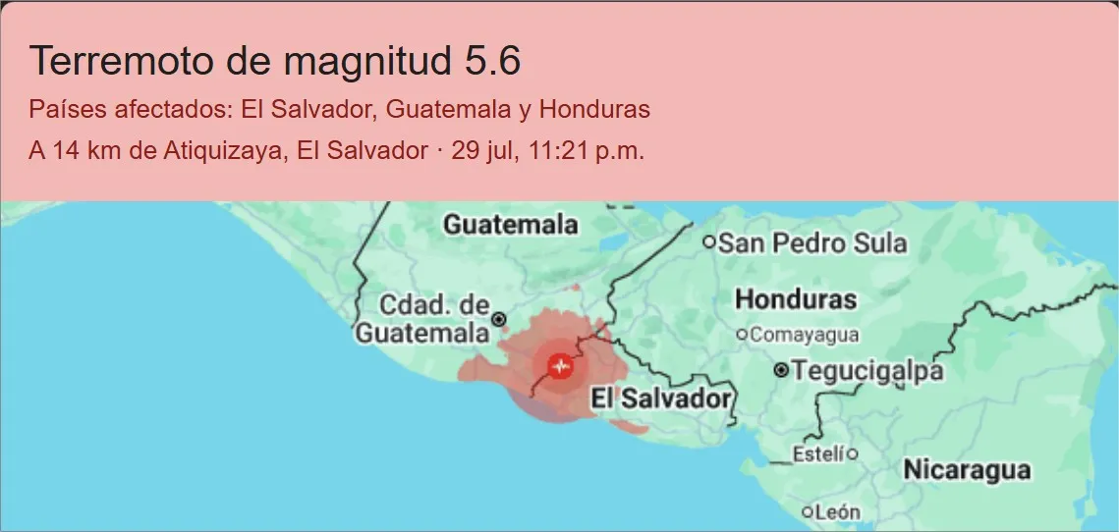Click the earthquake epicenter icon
click(x=561, y=367)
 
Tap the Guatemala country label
click(x=510, y=225)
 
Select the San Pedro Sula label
click(x=813, y=242)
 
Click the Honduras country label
click(x=796, y=298)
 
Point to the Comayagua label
click(x=805, y=335)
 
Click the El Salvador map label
click(x=660, y=399)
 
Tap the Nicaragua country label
click(x=967, y=469)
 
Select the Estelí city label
click(x=818, y=453)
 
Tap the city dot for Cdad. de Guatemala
click(x=499, y=319)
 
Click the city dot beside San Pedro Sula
click(x=709, y=241)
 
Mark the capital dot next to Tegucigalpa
click(x=781, y=371)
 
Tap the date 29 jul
click(x=478, y=152)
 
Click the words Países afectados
click(x=131, y=109)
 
